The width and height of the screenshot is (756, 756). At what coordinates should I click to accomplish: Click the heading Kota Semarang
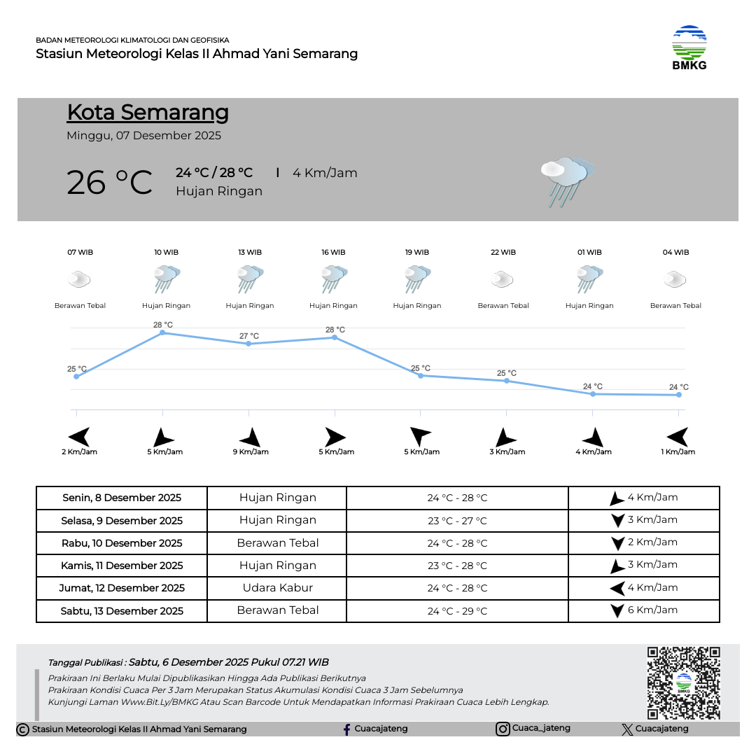148,113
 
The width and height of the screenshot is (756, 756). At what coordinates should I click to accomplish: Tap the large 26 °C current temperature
109,183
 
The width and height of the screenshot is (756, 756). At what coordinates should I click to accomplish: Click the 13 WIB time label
250,253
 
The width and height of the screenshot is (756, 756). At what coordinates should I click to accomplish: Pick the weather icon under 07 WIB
79,280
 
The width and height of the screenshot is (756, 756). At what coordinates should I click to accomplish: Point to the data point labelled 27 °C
248,344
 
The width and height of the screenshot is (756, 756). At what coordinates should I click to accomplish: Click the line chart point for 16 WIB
335,337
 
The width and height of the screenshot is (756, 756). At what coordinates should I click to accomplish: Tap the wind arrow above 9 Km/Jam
250,437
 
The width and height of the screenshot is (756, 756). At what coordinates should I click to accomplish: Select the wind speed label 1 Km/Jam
678,452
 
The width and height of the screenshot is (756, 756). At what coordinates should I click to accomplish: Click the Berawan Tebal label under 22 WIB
503,306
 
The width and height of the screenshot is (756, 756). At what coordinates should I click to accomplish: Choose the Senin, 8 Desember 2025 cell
122,498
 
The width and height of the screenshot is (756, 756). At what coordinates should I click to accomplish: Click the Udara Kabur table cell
277,588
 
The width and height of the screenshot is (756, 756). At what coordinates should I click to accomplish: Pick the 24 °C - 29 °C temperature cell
457,611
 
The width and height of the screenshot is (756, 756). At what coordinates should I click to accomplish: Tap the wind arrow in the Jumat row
617,589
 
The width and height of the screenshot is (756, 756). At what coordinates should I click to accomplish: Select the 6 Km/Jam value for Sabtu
652,610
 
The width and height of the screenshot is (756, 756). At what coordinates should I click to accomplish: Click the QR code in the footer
683,682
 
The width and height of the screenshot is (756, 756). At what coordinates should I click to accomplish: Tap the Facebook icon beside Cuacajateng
346,729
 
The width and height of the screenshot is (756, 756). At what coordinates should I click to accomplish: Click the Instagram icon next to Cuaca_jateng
503,729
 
